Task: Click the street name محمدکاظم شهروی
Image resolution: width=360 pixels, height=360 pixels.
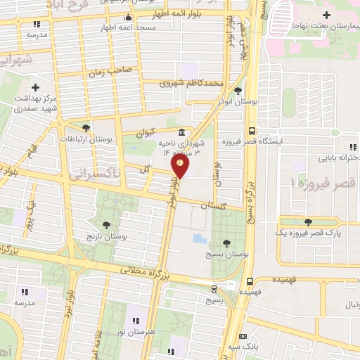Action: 191,83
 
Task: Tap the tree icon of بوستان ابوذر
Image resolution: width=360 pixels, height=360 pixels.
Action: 238,90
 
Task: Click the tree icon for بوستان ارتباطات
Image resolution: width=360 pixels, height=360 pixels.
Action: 86,128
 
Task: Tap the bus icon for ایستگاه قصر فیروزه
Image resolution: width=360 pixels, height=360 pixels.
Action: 251,130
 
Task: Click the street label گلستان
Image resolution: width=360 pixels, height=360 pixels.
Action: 215,206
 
